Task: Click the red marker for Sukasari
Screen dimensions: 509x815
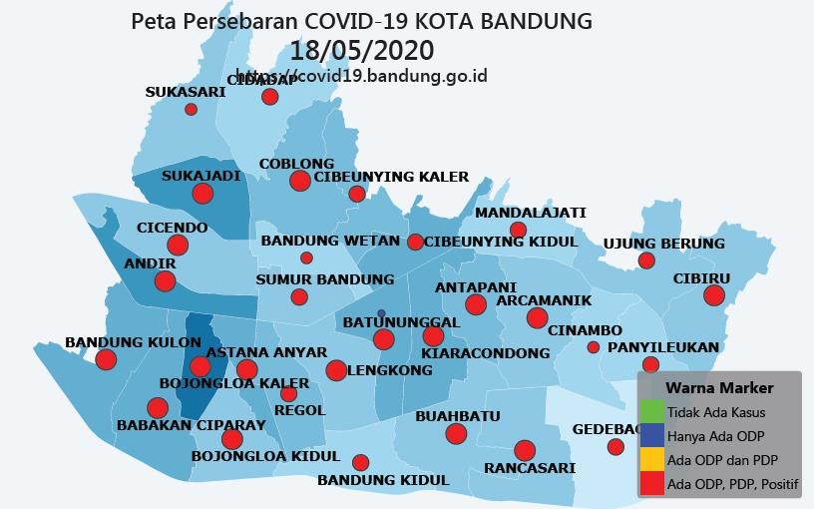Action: (x=191, y=109)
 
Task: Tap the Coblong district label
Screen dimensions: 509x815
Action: (x=296, y=164)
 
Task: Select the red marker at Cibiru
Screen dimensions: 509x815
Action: (x=713, y=294)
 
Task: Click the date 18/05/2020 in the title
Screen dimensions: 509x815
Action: (x=362, y=50)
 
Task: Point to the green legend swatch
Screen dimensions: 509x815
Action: (x=651, y=410)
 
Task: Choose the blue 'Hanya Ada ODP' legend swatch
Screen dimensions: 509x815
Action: (x=651, y=435)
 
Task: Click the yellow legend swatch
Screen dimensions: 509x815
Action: (x=651, y=460)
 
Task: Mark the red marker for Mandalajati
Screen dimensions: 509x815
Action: (x=518, y=231)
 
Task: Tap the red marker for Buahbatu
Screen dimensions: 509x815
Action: (x=456, y=433)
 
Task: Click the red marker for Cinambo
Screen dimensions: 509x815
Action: (x=594, y=347)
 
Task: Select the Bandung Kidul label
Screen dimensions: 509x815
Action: (x=383, y=480)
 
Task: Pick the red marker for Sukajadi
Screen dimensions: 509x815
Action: (x=203, y=194)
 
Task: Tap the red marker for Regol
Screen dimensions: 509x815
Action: (x=288, y=393)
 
